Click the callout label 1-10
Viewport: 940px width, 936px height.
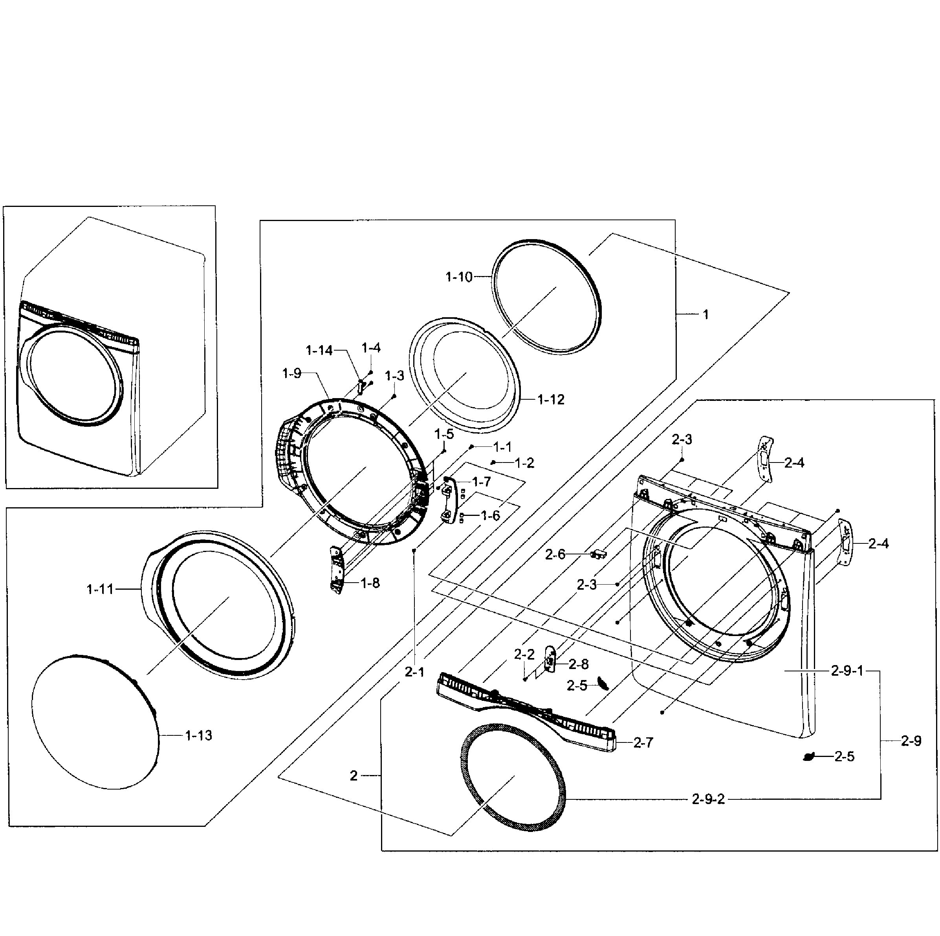pyautogui.click(x=459, y=277)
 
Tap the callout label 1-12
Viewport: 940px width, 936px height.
pyautogui.click(x=551, y=400)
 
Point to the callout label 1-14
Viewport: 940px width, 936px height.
pyautogui.click(x=319, y=350)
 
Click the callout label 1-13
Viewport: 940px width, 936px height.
pyautogui.click(x=198, y=736)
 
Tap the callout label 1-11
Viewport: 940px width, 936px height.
pyautogui.click(x=100, y=589)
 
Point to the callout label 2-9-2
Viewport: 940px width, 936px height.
pyautogui.click(x=708, y=799)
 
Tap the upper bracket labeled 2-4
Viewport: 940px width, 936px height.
pyautogui.click(x=766, y=459)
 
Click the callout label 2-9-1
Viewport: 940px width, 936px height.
pyautogui.click(x=847, y=671)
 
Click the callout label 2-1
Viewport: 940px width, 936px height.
pyautogui.click(x=414, y=672)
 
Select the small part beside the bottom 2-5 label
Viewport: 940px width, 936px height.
pyautogui.click(x=809, y=756)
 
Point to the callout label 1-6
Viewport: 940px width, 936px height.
pyautogui.click(x=490, y=516)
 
